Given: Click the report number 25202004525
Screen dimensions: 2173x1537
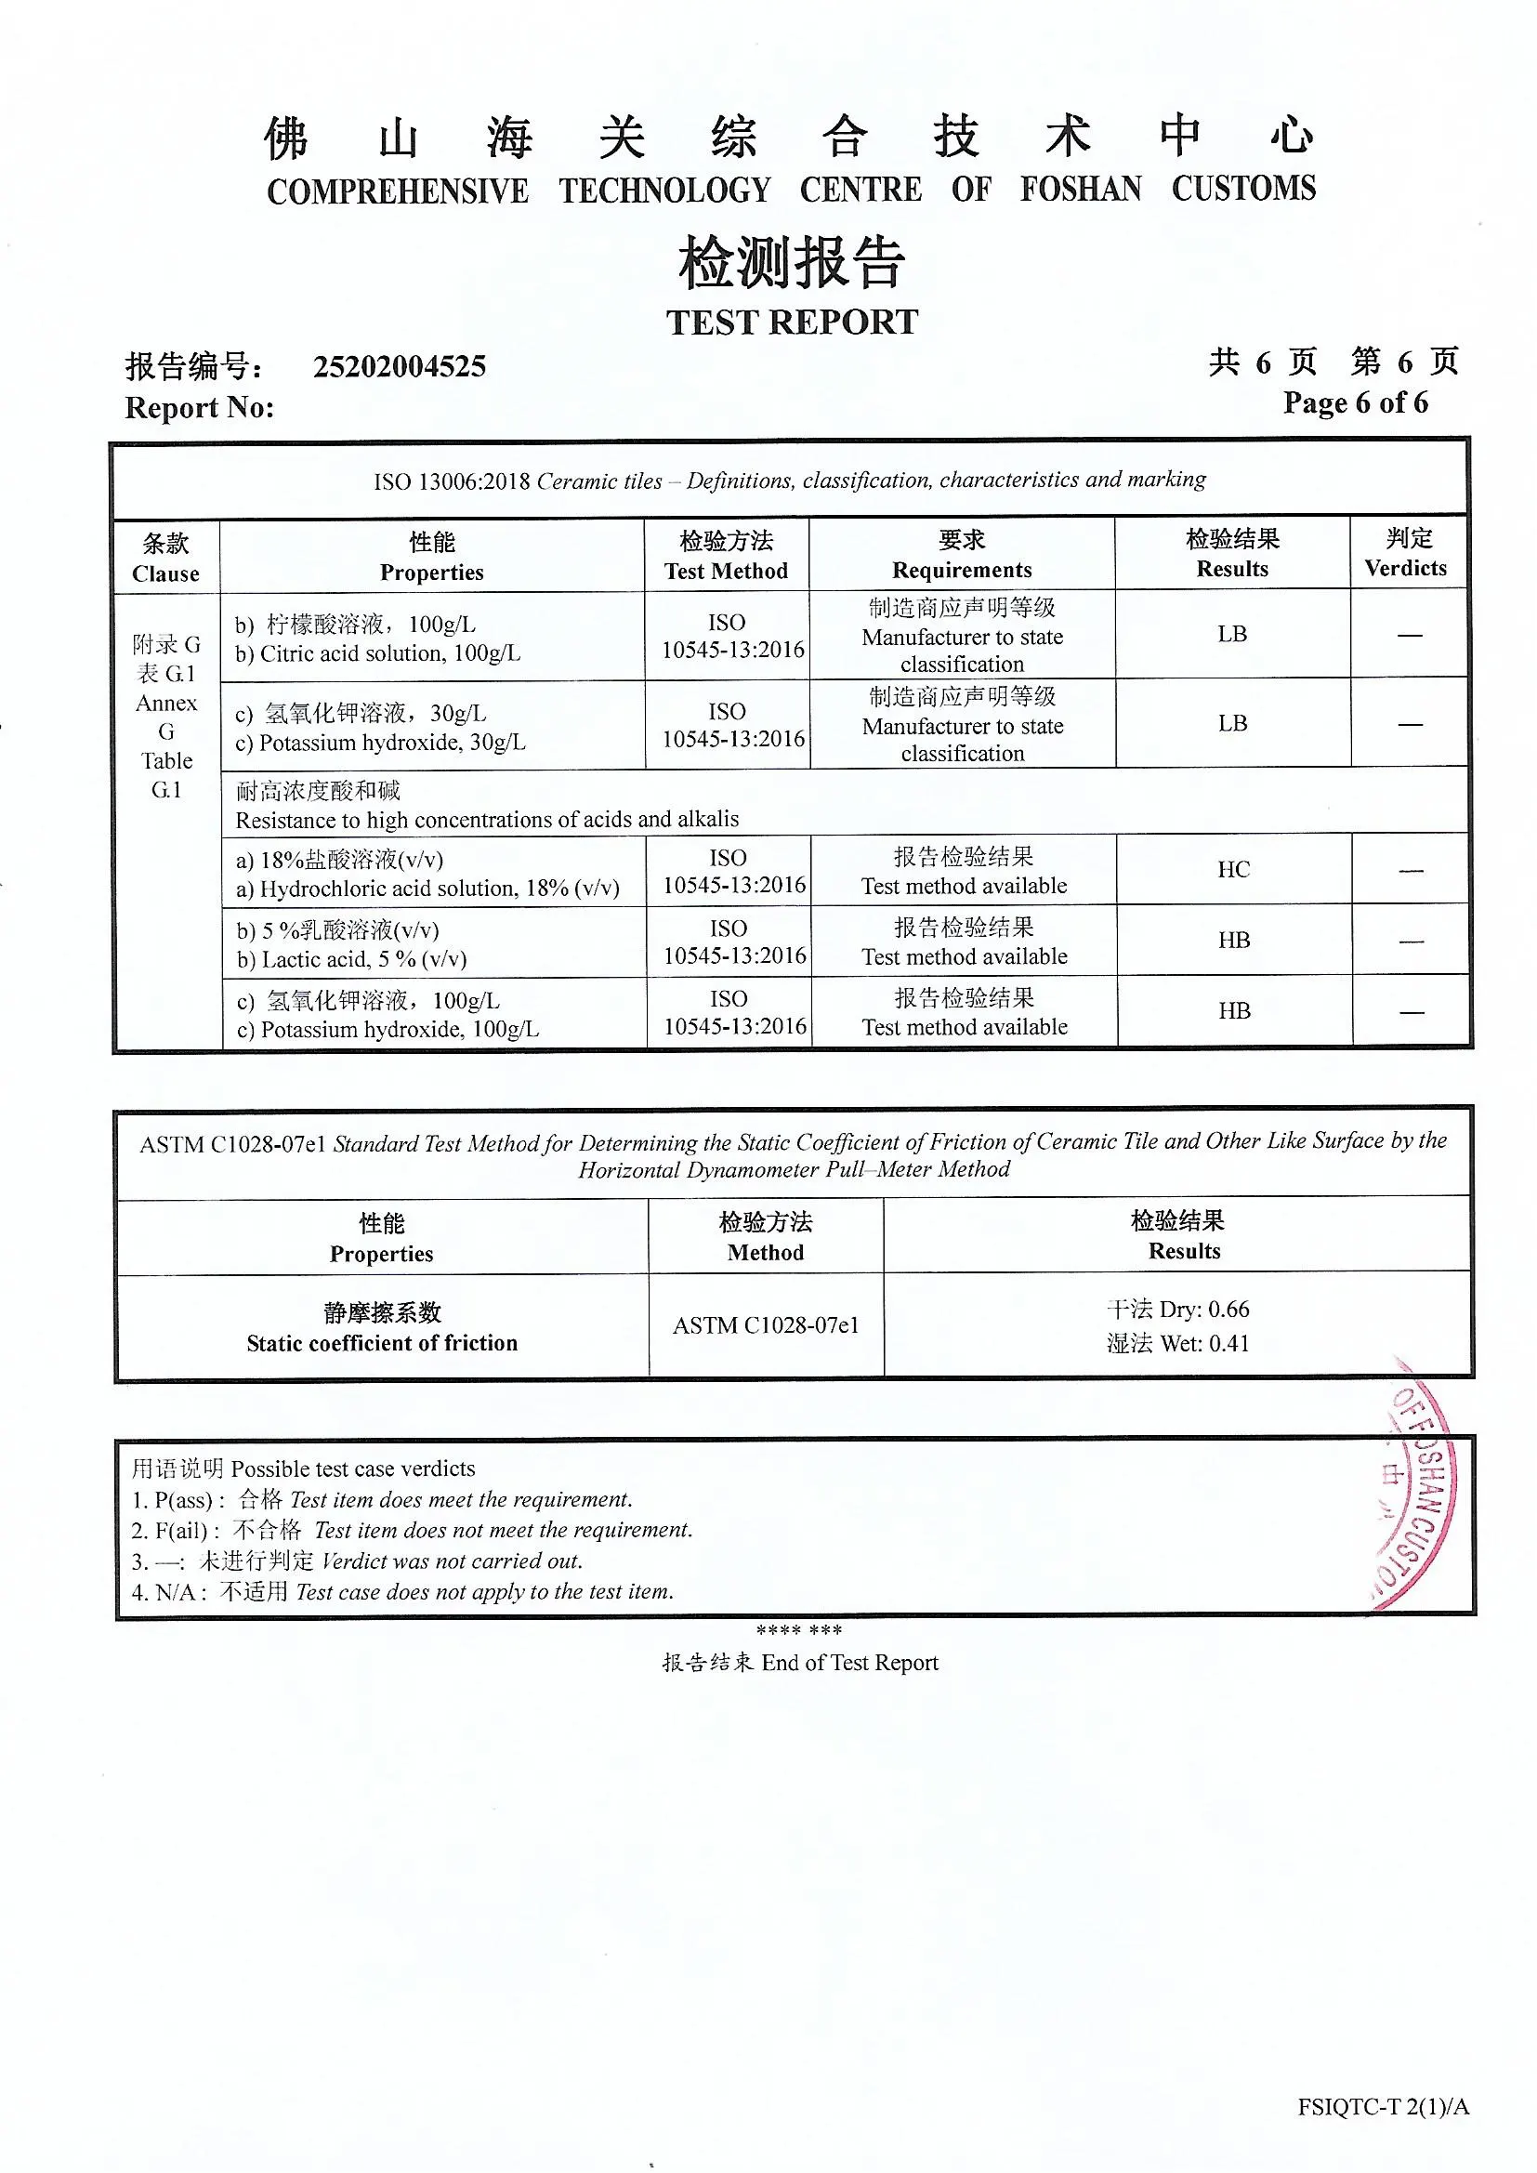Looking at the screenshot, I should click(x=400, y=366).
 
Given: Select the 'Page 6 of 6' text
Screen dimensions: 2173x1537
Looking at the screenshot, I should click(x=1354, y=402).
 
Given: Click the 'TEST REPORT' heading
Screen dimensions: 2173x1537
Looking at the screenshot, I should click(x=791, y=322).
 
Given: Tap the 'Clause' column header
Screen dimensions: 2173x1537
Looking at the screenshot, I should click(x=165, y=573).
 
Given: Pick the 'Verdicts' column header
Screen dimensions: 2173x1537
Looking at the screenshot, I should click(x=1405, y=568).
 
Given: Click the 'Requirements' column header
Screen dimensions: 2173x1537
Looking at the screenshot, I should click(x=962, y=570).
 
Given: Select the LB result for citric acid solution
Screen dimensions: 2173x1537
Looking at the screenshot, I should click(x=1231, y=634).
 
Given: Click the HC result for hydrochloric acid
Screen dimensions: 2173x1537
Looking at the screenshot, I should click(x=1233, y=869).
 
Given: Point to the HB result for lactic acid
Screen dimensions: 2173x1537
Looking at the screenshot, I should click(x=1233, y=940).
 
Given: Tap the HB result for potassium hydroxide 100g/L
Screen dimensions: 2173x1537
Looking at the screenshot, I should click(x=1234, y=1011).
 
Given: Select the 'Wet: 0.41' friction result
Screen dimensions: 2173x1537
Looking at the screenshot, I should click(x=1178, y=1343).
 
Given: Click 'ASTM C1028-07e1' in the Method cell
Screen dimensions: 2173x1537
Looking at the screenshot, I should click(x=766, y=1325).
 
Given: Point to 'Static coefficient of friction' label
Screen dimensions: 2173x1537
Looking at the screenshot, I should click(x=382, y=1343).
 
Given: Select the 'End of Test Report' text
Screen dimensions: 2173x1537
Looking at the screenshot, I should click(x=849, y=1663).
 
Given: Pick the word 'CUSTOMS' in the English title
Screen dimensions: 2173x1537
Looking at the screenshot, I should click(x=1242, y=189).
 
